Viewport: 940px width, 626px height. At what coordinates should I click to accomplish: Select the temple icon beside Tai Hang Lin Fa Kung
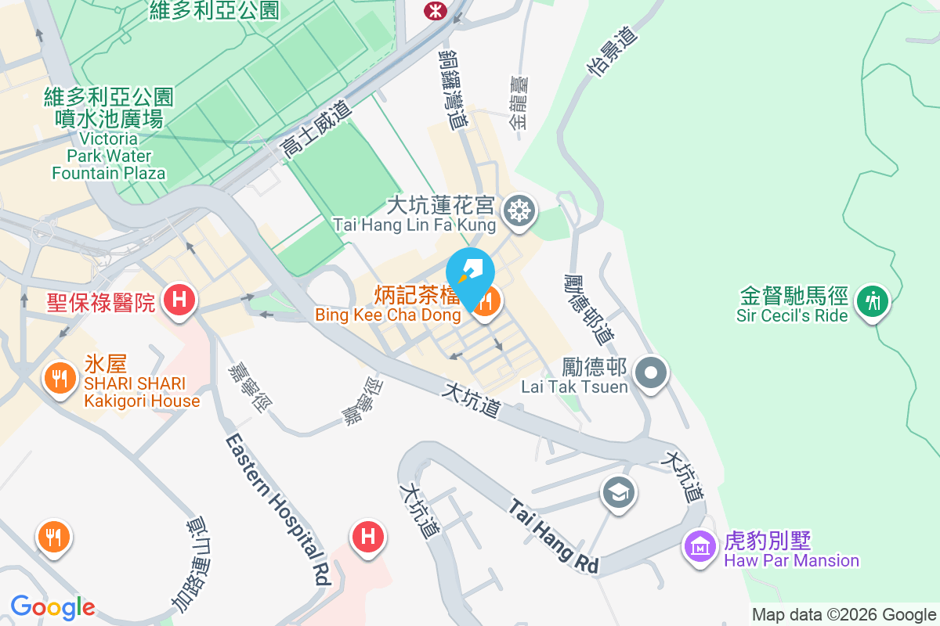[x=518, y=210]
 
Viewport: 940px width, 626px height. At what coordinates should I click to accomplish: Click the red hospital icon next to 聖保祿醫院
[x=179, y=300]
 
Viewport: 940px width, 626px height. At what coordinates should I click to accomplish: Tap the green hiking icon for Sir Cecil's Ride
[x=869, y=300]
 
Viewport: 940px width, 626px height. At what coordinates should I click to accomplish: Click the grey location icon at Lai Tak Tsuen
[x=651, y=371]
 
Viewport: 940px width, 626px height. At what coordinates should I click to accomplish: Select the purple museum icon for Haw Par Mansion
[x=698, y=545]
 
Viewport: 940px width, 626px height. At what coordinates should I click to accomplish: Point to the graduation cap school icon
[x=618, y=492]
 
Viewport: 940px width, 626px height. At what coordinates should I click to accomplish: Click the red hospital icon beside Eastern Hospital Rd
[x=367, y=536]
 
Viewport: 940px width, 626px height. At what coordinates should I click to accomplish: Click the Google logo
[x=52, y=606]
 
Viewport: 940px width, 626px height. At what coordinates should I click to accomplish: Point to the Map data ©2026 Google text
[x=844, y=615]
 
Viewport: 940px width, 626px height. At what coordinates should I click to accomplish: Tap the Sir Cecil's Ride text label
[x=792, y=316]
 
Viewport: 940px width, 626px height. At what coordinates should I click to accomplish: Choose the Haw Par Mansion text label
[x=791, y=560]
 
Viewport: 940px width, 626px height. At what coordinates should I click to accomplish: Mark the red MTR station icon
[x=432, y=10]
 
